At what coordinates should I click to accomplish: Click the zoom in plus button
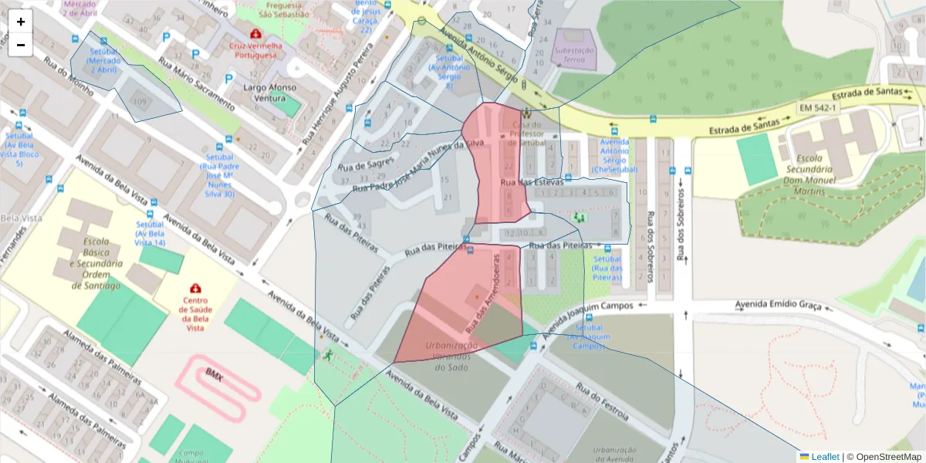click(21, 22)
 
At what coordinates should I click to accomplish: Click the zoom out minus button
click(21, 45)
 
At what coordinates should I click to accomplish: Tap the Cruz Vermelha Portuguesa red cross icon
click(255, 34)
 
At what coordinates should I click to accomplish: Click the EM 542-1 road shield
click(818, 108)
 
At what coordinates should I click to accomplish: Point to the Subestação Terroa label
click(574, 54)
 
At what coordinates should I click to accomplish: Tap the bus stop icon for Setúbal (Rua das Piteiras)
click(608, 248)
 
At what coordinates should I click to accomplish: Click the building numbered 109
click(140, 102)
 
